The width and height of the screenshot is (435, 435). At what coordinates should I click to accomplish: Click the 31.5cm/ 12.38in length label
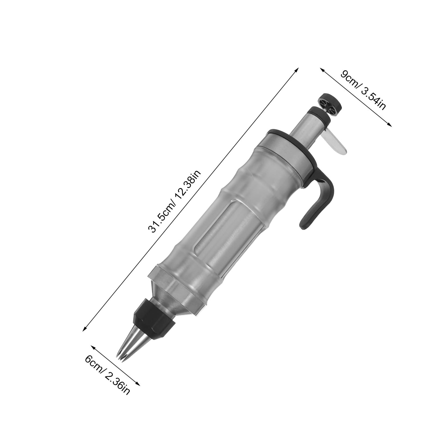[174, 201]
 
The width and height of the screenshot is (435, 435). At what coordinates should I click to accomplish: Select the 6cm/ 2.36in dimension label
[107, 378]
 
